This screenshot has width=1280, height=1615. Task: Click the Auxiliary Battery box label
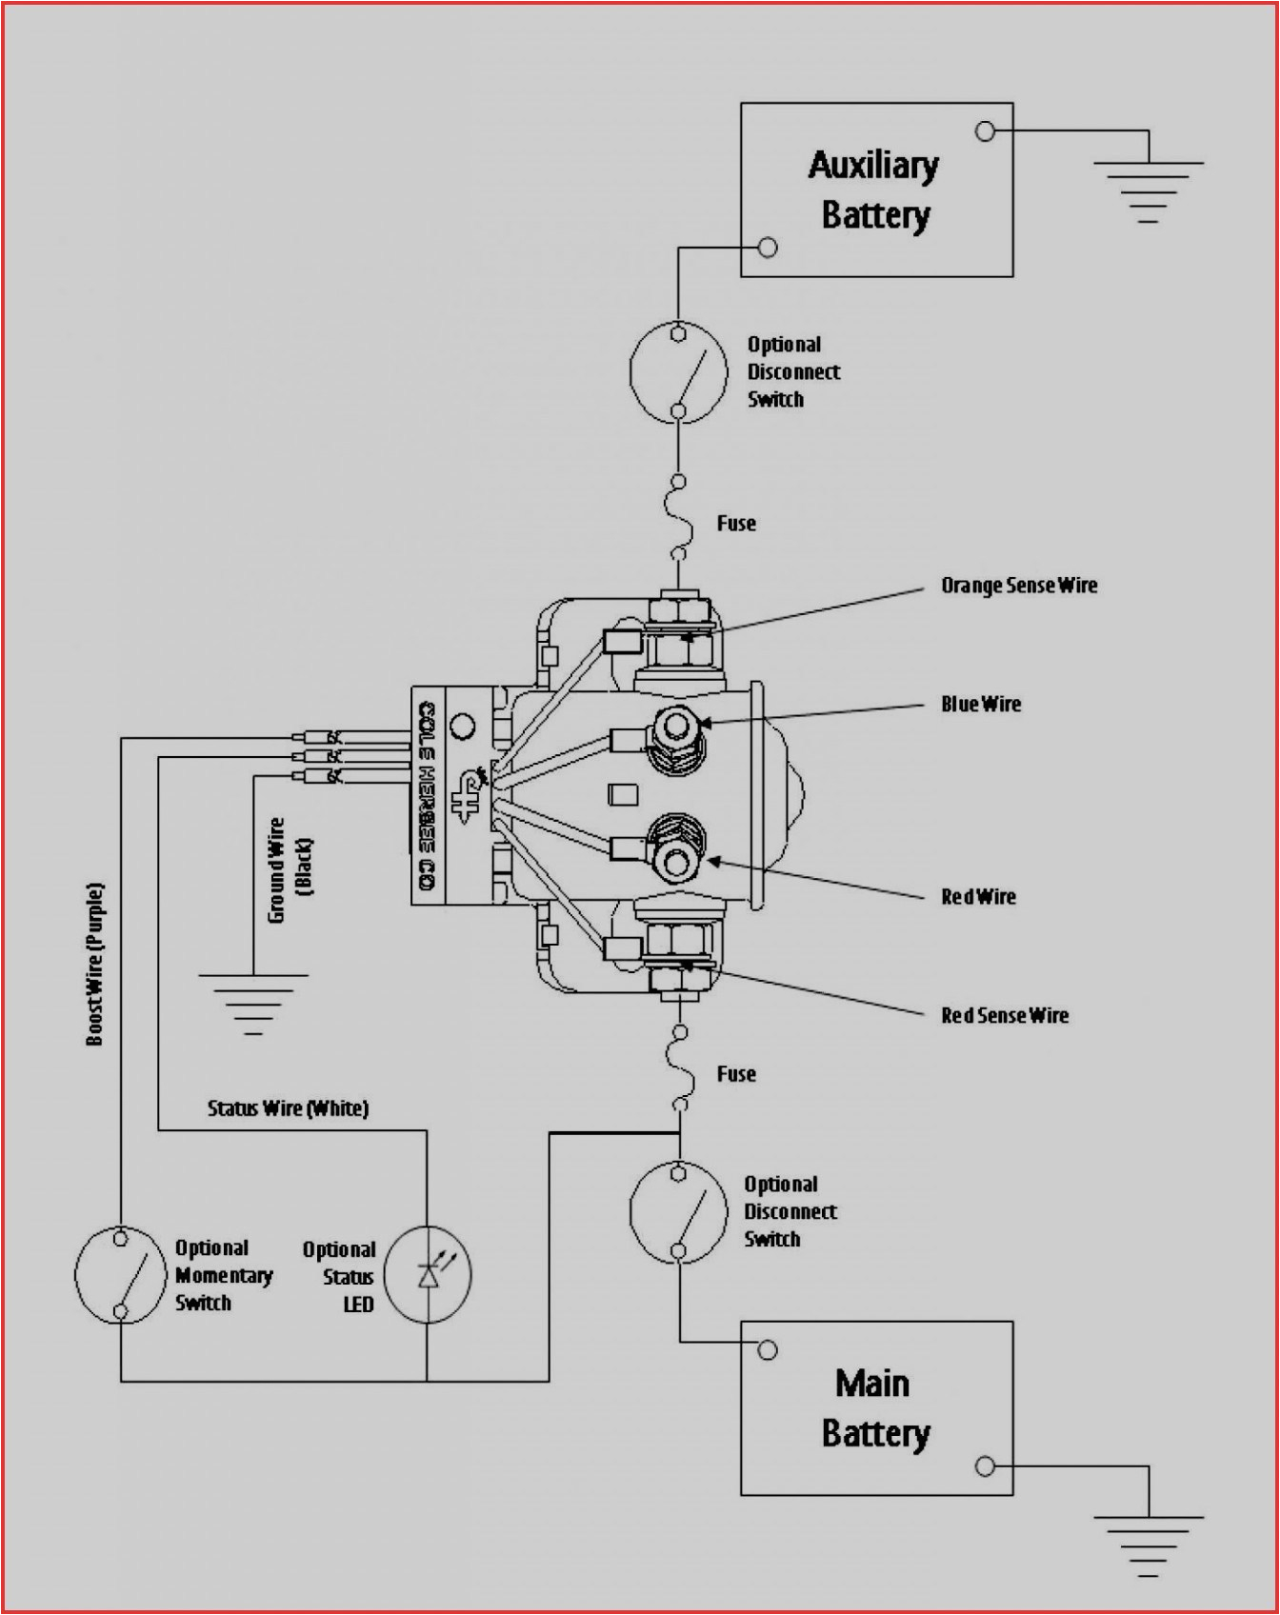874,190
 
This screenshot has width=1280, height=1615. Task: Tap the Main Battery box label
874,1408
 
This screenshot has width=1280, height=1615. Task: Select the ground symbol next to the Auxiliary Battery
1148,190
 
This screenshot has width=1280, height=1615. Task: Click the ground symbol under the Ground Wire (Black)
252,1003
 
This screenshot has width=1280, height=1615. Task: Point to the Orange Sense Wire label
1018,586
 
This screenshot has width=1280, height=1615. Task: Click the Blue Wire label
980,705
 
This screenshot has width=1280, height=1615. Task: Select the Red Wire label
978,897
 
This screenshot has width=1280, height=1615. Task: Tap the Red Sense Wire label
1004,1016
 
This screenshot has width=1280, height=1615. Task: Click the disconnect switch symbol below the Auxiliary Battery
678,372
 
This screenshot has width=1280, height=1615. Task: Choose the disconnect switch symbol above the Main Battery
678,1212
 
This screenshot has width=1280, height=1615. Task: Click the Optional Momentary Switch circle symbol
121,1275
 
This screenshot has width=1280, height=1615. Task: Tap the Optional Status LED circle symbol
428,1275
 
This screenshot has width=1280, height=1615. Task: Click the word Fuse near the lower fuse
736,1074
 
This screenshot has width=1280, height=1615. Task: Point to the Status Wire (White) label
288,1108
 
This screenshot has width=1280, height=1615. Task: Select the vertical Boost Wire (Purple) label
95,964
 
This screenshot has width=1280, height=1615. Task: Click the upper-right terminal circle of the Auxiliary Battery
986,131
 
